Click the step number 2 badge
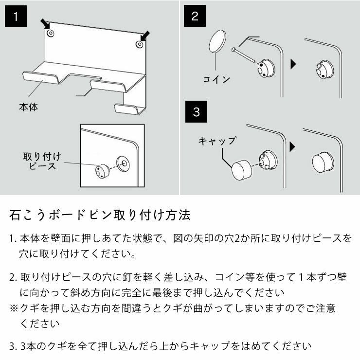(x=195, y=17)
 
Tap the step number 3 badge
(x=196, y=112)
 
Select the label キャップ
(x=217, y=141)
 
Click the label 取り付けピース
(x=42, y=161)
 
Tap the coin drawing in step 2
(x=217, y=41)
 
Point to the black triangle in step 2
(x=293, y=64)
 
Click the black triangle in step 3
(x=293, y=146)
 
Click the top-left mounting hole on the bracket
(x=51, y=34)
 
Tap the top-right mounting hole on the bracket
(x=140, y=44)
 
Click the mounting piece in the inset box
(x=101, y=171)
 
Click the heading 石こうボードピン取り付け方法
(x=100, y=215)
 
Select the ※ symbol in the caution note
(x=14, y=308)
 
